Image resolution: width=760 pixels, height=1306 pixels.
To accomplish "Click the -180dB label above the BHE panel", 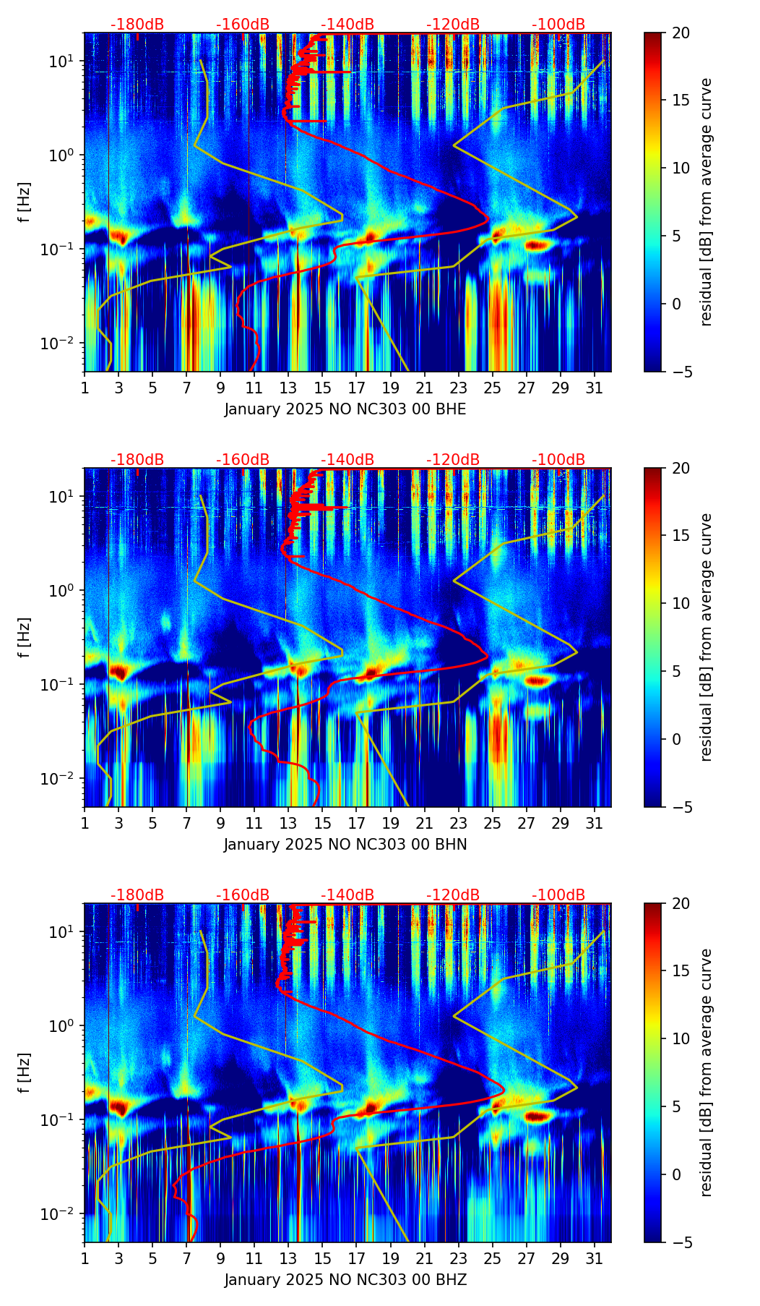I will click(x=137, y=25).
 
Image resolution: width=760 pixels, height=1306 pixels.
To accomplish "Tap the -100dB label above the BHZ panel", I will click(x=558, y=895).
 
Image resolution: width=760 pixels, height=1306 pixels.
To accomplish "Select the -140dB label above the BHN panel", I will click(x=347, y=460).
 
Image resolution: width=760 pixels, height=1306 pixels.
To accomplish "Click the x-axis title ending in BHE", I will click(x=345, y=409).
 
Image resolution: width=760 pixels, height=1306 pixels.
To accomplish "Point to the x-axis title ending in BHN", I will click(x=345, y=845).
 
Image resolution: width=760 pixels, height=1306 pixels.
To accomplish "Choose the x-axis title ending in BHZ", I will click(x=345, y=1280).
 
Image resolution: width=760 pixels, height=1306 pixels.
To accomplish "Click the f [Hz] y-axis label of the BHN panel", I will click(x=25, y=637).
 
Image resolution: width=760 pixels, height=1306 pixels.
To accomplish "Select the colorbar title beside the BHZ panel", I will click(x=707, y=1072).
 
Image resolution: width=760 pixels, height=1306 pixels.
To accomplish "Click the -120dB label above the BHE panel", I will click(x=453, y=25).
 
